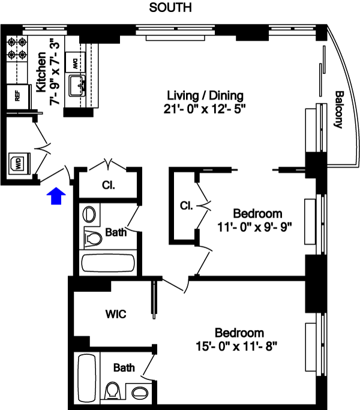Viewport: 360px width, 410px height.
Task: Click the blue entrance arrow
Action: pos(56,195)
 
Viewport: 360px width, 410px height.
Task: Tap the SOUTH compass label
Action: pos(170,7)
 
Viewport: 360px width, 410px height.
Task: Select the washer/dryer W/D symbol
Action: pos(20,163)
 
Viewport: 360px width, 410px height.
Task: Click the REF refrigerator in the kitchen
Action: pos(17,96)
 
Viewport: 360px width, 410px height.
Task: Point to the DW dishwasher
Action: pos(75,62)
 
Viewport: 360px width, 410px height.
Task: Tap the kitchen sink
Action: pos(77,86)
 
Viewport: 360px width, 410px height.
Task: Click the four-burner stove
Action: pos(17,49)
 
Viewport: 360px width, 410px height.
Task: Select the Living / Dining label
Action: pos(205,95)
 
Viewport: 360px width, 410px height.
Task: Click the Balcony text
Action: pos(339,110)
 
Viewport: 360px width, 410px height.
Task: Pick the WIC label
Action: pos(116,313)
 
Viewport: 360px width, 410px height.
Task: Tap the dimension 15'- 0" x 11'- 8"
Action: pos(236,346)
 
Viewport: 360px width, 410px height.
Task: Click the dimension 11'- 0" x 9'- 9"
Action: pos(254,227)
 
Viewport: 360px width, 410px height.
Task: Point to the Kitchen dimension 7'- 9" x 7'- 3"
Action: pos(55,72)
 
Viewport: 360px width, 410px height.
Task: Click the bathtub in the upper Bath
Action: pos(108,263)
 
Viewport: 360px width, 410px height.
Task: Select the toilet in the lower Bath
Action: pos(113,391)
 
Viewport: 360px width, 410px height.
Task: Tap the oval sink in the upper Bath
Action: pos(89,215)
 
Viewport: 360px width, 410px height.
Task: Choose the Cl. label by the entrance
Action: pos(109,185)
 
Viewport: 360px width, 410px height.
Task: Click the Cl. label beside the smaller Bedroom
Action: pos(187,206)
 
